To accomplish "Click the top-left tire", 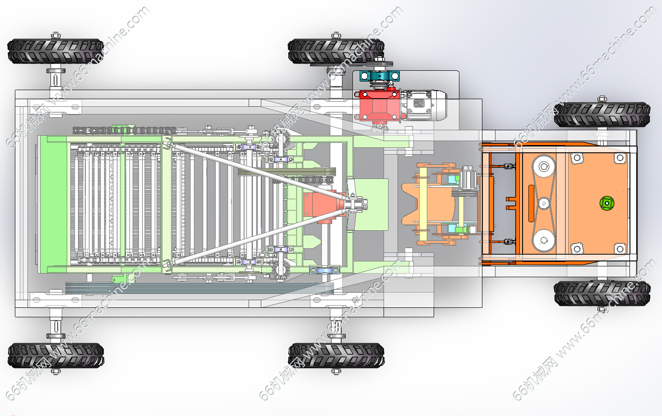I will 56,51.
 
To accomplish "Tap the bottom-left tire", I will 56,356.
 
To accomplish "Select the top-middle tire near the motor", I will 336,51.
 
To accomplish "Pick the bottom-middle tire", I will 336,356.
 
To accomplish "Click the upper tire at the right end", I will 602,115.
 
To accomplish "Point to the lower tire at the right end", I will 602,293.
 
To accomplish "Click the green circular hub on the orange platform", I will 607,203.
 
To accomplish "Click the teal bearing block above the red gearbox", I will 380,76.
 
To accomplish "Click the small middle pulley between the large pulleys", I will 544,203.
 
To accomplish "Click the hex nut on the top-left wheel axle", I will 56,35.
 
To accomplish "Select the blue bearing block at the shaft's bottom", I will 323,270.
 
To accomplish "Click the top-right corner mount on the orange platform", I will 620,158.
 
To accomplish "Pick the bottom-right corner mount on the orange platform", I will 620,248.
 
